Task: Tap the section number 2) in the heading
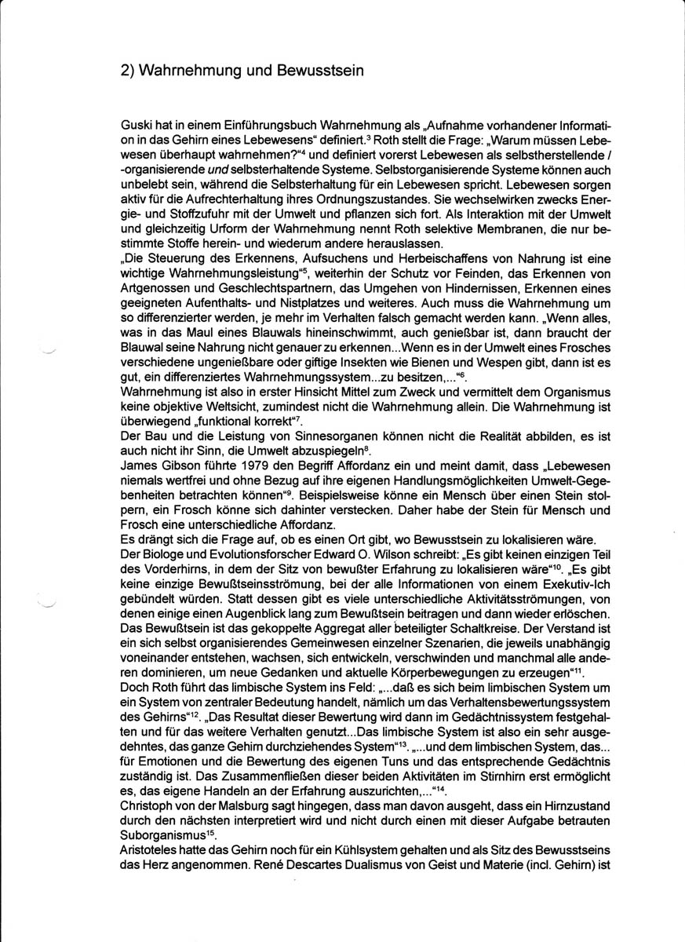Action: click(x=129, y=71)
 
